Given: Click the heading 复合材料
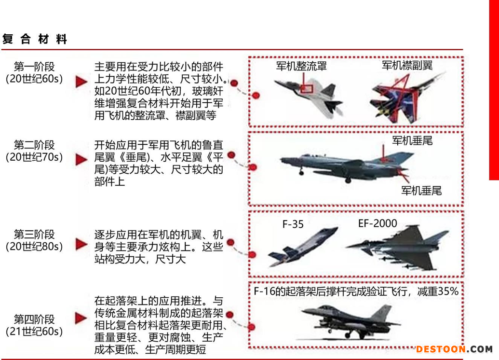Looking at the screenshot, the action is tap(35, 39).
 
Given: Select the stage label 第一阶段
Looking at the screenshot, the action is tap(34, 67).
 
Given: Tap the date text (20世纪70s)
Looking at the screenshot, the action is tap(34, 157).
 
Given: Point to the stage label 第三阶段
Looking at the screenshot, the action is tap(34, 235).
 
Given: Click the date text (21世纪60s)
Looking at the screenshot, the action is tap(34, 332).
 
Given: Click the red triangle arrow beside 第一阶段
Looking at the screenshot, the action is tap(81, 82).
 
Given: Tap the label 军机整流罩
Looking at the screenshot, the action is tap(301, 66).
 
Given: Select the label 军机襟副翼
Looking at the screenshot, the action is tap(407, 65).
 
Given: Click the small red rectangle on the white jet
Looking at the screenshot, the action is tap(307, 89).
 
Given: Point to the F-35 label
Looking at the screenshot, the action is tap(293, 224).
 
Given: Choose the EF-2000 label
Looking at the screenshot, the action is tap(378, 223).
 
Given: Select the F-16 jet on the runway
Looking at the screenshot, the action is tap(350, 322).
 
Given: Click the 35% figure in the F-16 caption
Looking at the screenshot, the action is tap(448, 291).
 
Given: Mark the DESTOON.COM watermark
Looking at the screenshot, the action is tap(454, 349).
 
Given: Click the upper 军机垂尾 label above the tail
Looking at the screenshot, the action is tap(412, 140).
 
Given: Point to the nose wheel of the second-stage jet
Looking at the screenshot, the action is tap(301, 173).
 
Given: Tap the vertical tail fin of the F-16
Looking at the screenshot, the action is tap(383, 313).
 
